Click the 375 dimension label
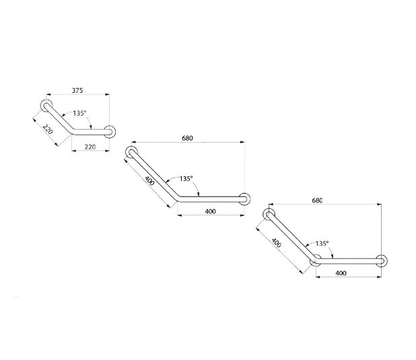click(x=77, y=90)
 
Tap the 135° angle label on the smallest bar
click(x=80, y=113)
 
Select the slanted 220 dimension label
click(x=48, y=129)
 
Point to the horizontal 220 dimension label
click(x=90, y=147)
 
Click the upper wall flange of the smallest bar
click(x=46, y=106)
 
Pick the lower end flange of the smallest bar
click(x=110, y=132)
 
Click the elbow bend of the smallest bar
click(x=73, y=131)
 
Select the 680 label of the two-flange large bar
click(x=187, y=138)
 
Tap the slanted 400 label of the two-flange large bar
click(x=149, y=180)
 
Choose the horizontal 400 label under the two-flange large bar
click(x=211, y=211)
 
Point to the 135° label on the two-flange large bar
click(x=186, y=178)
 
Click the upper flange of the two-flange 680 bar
click(x=131, y=152)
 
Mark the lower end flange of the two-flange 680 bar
click(x=244, y=199)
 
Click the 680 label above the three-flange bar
click(x=317, y=201)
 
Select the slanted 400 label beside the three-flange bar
click(x=277, y=243)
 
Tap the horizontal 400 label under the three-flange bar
click(x=341, y=273)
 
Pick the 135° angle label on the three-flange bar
click(x=322, y=244)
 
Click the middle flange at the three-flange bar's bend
click(x=316, y=260)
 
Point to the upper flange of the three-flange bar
click(x=269, y=215)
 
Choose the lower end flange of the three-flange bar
click(x=381, y=261)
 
